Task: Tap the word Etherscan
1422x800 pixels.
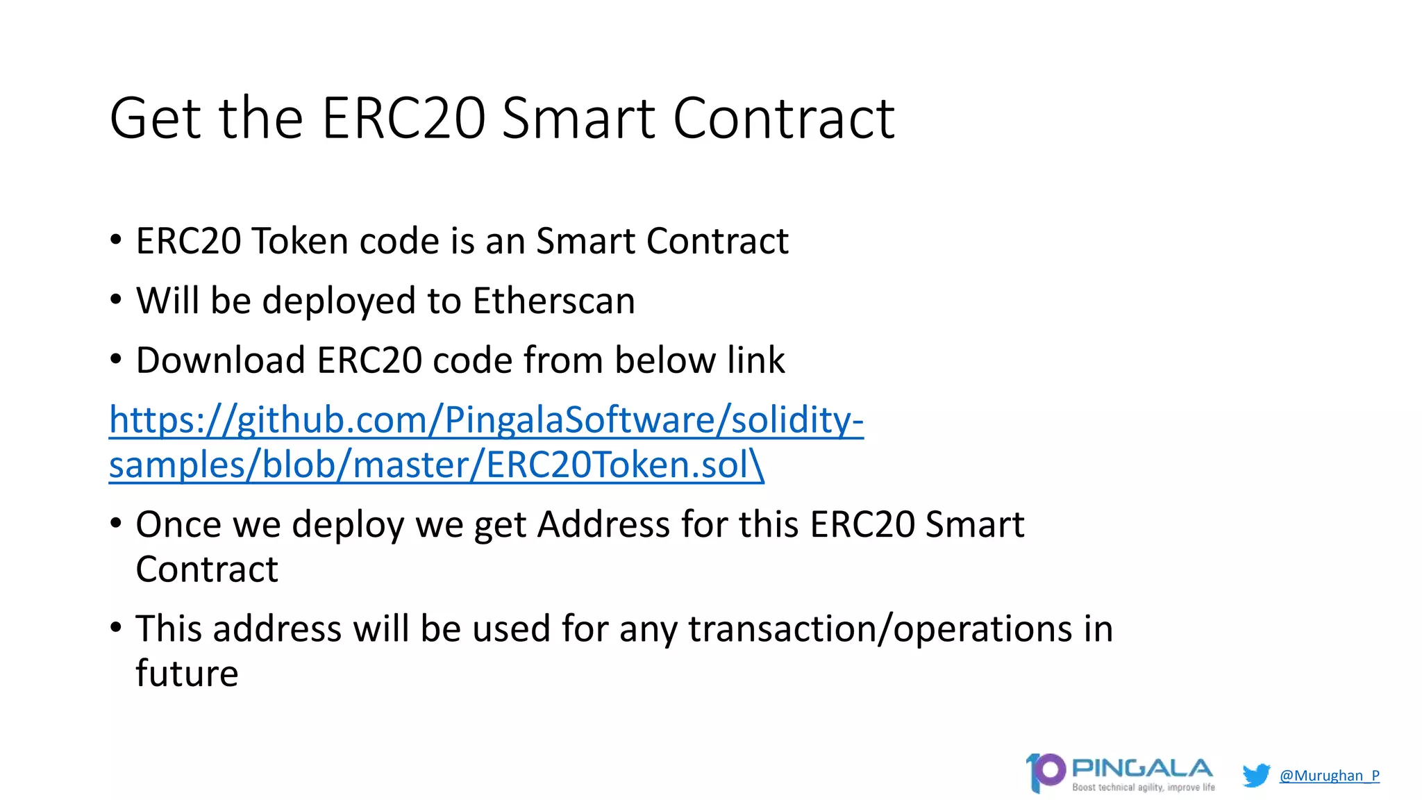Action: pyautogui.click(x=553, y=301)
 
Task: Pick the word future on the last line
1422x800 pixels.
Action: pyautogui.click(x=187, y=673)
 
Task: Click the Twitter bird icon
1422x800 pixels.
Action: pyautogui.click(x=1256, y=775)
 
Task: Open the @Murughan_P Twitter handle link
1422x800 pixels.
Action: pyautogui.click(x=1329, y=776)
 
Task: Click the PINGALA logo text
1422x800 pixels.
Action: pyautogui.click(x=1142, y=768)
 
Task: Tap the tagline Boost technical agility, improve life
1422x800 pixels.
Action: pyautogui.click(x=1144, y=787)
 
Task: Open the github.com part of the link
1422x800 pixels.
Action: pyautogui.click(x=332, y=420)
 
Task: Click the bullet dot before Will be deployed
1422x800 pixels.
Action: pyautogui.click(x=116, y=300)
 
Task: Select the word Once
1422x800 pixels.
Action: pyautogui.click(x=178, y=524)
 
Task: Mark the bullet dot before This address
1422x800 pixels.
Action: pyautogui.click(x=116, y=628)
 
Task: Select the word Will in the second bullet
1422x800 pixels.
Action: pyautogui.click(x=167, y=301)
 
